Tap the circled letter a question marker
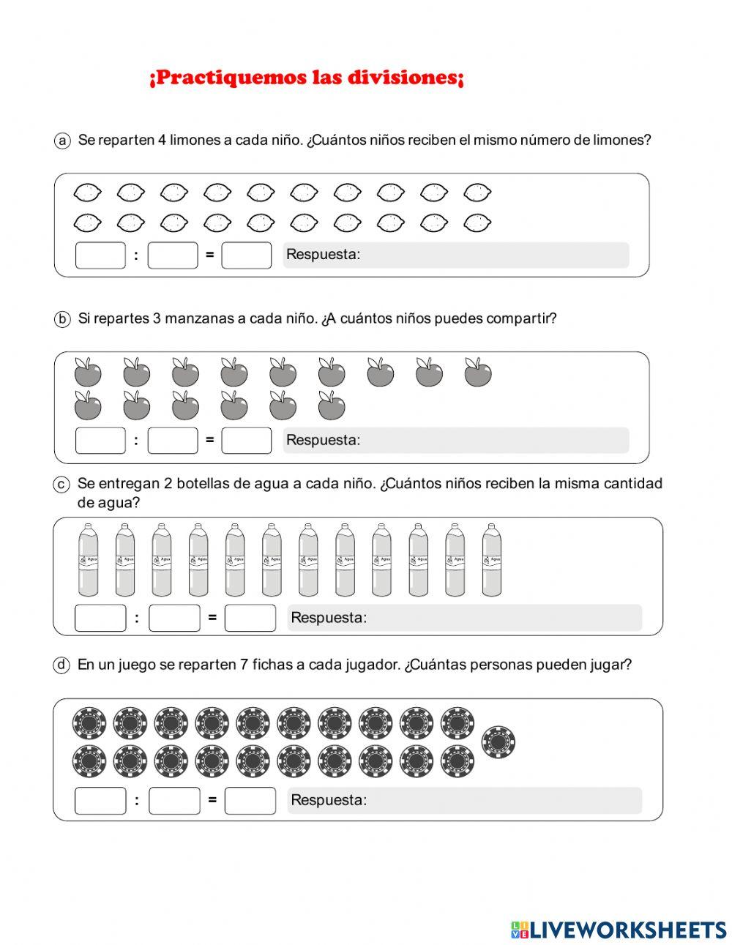point(62,140)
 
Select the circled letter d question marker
point(62,665)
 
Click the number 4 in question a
point(162,140)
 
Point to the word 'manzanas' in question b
point(193,318)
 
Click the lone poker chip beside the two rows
point(498,742)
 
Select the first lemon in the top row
point(88,193)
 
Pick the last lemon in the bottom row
point(477,221)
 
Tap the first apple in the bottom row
point(88,405)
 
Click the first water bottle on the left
point(88,560)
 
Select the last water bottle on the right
point(491,560)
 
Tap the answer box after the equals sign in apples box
point(247,440)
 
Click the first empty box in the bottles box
point(100,617)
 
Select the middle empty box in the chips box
point(174,800)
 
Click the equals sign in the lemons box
point(209,255)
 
